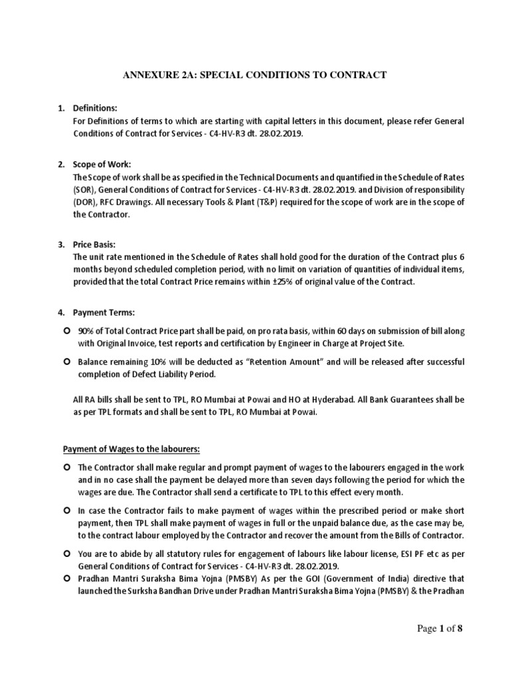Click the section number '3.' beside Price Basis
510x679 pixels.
[x=61, y=245]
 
